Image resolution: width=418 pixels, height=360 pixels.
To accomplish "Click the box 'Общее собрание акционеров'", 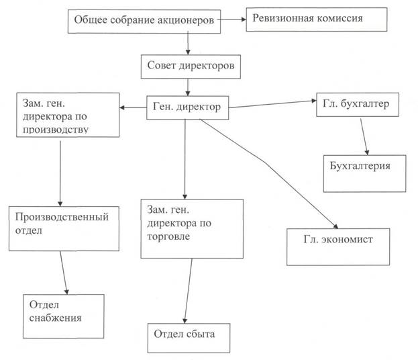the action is [144, 21].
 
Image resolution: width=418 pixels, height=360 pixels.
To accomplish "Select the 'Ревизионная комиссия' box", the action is [317, 19].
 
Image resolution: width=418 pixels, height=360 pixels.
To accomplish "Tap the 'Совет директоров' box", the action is [191, 66].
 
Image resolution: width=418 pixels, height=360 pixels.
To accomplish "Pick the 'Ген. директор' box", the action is [187, 108].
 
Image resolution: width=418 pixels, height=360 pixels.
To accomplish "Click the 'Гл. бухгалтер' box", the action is [358, 105].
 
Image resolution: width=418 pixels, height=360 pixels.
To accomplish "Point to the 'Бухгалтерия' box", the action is [365, 173].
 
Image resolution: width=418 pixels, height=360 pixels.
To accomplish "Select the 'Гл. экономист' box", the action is [338, 247].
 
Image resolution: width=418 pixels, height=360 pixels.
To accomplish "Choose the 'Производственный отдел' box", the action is [64, 228].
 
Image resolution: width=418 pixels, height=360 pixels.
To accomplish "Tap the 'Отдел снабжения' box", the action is [64, 316].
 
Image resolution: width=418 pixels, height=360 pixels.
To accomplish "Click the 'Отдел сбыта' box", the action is [189, 338].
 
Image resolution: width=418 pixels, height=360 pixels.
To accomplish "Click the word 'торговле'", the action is [168, 236].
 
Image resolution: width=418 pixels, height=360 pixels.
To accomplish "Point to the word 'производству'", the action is [56, 130].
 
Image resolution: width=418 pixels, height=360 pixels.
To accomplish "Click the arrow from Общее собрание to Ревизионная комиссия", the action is [232, 19].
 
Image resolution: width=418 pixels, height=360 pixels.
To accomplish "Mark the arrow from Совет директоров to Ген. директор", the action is [188, 87].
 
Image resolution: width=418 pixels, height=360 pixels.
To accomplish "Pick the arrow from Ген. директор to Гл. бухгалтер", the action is [272, 104].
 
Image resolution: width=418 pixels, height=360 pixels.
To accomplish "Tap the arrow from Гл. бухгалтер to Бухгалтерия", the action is [365, 136].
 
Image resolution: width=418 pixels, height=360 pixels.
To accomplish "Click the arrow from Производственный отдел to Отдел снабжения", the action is [64, 273].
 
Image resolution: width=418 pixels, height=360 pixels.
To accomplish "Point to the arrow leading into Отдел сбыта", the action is [189, 291].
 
